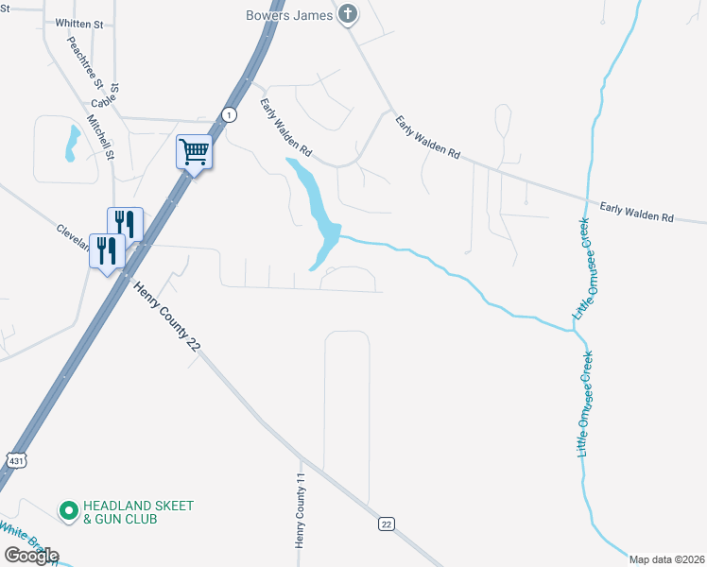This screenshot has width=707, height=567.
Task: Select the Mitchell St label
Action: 100,137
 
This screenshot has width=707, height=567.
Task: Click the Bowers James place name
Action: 288,14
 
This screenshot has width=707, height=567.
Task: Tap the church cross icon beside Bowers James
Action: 349,14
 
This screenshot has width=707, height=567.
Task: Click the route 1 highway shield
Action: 229,114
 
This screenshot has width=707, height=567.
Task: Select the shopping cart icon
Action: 194,150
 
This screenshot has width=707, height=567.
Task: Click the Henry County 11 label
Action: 302,510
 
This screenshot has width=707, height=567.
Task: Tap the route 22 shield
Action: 386,524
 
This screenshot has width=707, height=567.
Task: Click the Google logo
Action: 31,555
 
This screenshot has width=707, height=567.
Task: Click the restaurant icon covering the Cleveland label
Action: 107,250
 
